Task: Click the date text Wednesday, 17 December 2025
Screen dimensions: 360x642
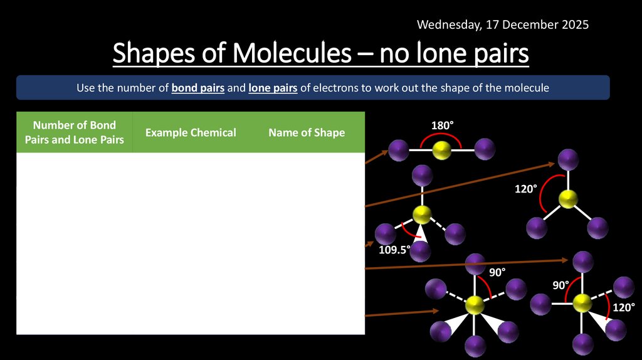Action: (503, 24)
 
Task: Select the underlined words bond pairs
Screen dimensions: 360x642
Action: (198, 88)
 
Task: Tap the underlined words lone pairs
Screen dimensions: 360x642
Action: (273, 88)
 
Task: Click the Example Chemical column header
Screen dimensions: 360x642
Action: (191, 132)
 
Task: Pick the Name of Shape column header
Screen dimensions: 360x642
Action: (307, 132)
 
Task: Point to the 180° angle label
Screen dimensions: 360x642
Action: (441, 126)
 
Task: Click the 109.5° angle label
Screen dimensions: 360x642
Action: (394, 249)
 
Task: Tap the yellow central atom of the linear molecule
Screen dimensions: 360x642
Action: (442, 149)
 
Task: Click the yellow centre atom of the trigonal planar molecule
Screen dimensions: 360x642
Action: (568, 199)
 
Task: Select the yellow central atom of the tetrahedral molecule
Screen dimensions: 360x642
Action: (422, 214)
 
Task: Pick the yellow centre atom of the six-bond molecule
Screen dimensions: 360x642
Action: (475, 305)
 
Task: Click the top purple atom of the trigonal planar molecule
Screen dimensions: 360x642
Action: (568, 159)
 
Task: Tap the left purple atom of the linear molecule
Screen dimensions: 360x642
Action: (398, 150)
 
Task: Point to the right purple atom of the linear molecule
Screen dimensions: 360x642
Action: (485, 149)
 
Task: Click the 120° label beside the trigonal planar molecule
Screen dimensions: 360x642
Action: (526, 189)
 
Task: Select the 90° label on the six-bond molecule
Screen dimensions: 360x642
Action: (497, 272)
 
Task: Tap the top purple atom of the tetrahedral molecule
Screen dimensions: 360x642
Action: (422, 176)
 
